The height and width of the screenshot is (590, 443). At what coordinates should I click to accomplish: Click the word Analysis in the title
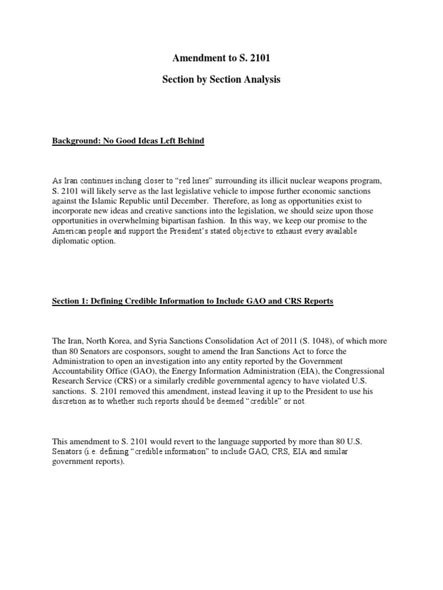[260, 80]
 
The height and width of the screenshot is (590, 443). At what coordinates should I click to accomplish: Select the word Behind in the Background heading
[190, 141]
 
